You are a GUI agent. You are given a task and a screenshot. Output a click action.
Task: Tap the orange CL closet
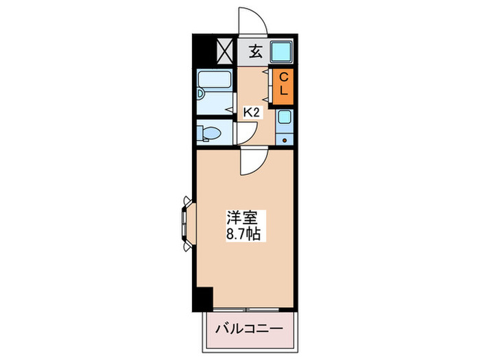[283, 87]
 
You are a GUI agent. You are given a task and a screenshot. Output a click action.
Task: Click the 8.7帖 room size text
[243, 234]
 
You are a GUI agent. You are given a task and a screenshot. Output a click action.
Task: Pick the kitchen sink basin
[285, 118]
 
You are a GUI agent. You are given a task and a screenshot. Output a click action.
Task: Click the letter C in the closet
[283, 79]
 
